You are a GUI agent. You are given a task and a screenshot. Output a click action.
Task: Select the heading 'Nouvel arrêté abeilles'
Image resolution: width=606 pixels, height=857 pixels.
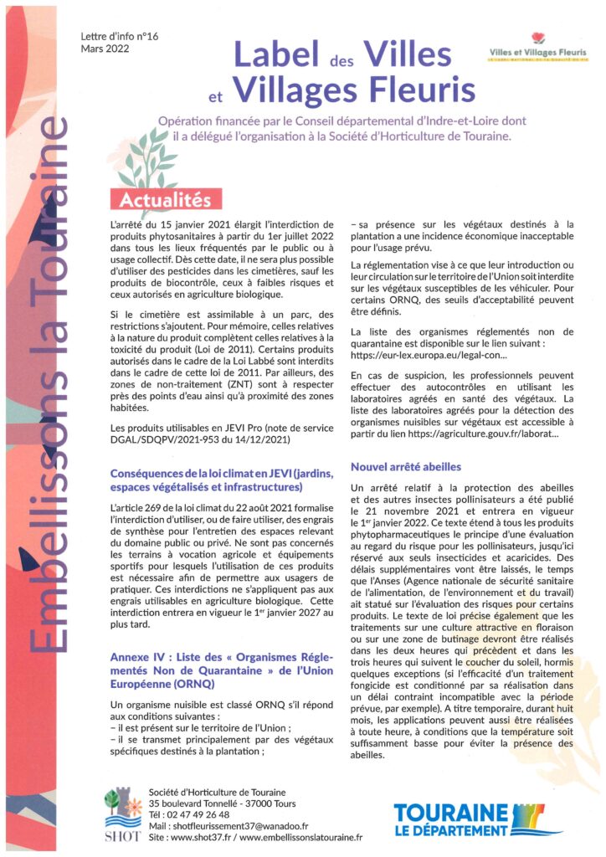406,466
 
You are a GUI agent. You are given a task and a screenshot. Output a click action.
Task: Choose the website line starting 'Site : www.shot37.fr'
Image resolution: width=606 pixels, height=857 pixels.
254,837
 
